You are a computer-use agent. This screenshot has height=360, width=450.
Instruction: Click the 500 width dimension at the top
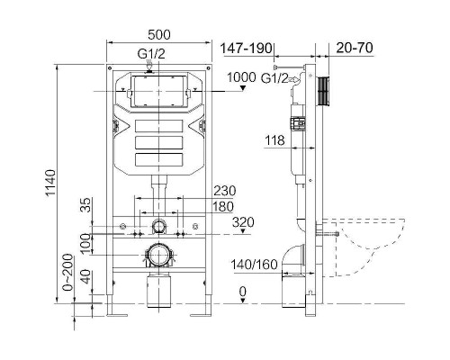click(158, 33)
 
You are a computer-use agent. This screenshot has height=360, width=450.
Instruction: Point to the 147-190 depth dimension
click(248, 47)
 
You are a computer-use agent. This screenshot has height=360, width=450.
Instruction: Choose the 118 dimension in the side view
click(274, 139)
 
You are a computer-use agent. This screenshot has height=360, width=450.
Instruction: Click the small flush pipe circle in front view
click(158, 226)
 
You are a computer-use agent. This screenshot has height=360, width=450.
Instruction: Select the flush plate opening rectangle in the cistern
click(158, 92)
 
